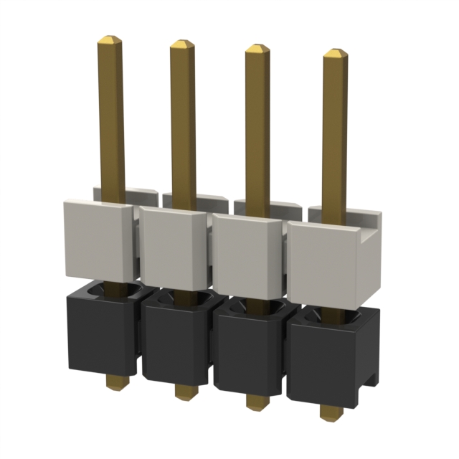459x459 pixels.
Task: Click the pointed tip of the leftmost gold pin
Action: pyautogui.click(x=109, y=39)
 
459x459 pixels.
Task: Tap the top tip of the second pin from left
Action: pyautogui.click(x=182, y=44)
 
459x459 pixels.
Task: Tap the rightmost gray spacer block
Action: pyautogui.click(x=327, y=258)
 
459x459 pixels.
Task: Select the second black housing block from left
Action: pyautogui.click(x=176, y=344)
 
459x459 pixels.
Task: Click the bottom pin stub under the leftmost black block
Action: pyautogui.click(x=113, y=381)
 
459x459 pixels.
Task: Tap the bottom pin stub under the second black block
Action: pyautogui.click(x=184, y=392)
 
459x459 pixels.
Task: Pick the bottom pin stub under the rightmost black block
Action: pyautogui.click(x=330, y=414)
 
